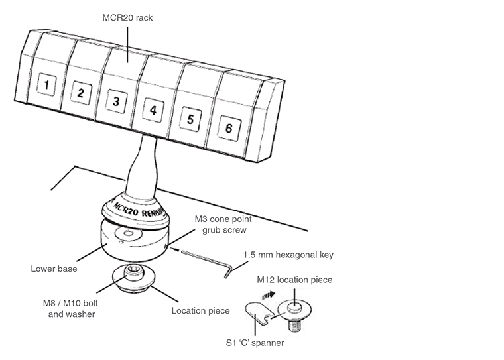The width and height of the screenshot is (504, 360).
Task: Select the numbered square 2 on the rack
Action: tap(80, 93)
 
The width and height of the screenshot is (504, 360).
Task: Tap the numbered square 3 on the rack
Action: tap(115, 101)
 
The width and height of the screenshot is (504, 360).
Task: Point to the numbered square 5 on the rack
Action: tap(190, 119)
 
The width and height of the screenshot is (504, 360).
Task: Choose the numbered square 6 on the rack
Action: tap(228, 129)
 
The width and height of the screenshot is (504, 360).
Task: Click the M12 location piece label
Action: tap(294, 280)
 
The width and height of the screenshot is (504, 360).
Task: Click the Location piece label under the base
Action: tap(200, 310)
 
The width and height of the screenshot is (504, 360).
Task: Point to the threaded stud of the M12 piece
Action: tap(294, 326)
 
